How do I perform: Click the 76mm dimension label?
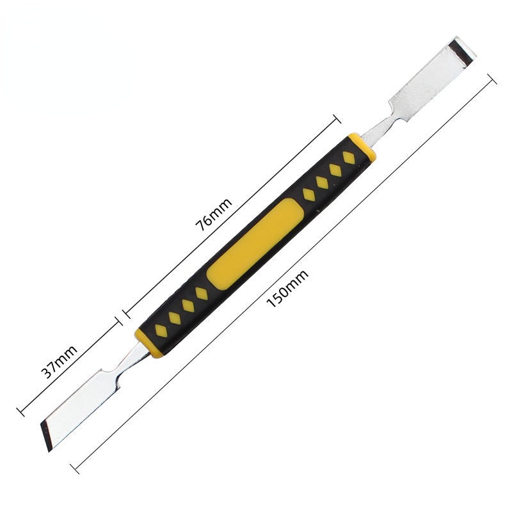pyautogui.click(x=214, y=214)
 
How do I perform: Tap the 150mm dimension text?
pyautogui.click(x=287, y=289)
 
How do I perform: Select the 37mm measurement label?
pyautogui.click(x=59, y=362)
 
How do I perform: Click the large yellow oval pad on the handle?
pyautogui.click(x=255, y=244)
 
